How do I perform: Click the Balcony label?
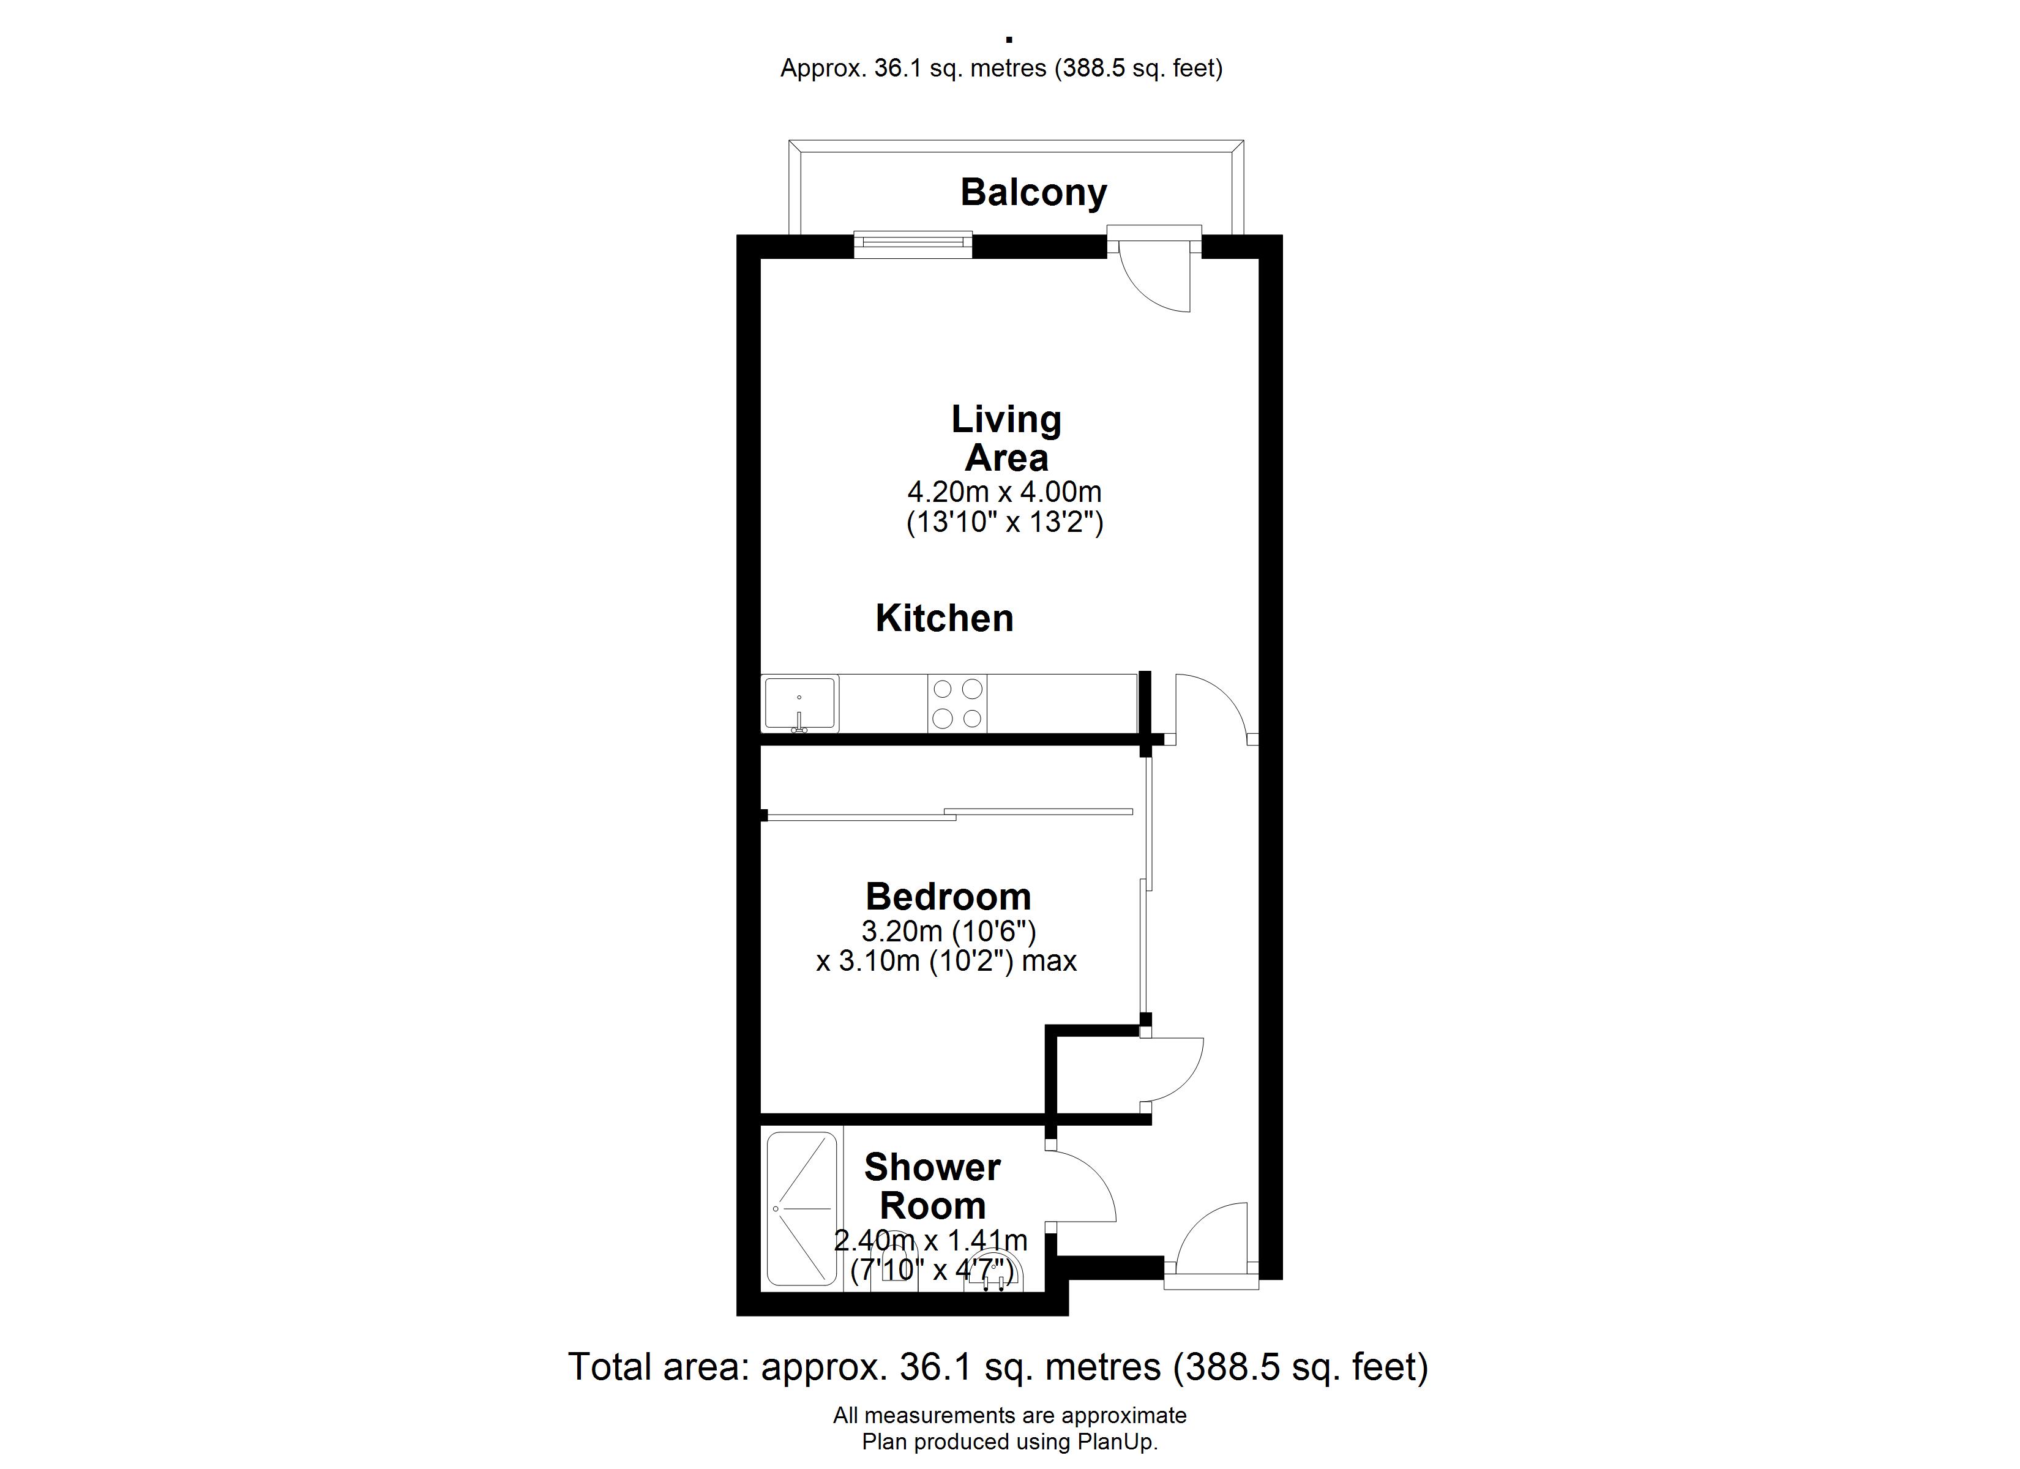[1033, 192]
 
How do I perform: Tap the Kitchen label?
[944, 618]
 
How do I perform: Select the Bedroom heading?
[949, 896]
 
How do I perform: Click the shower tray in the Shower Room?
[802, 1209]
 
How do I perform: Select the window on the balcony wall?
[913, 245]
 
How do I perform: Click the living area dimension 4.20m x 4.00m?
[1004, 492]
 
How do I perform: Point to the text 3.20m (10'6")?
[949, 932]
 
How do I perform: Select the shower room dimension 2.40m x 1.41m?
[931, 1240]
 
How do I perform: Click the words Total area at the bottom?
[657, 1367]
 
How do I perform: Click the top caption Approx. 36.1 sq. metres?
[913, 69]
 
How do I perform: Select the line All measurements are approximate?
[1010, 1416]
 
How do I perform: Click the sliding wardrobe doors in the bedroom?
[949, 814]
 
